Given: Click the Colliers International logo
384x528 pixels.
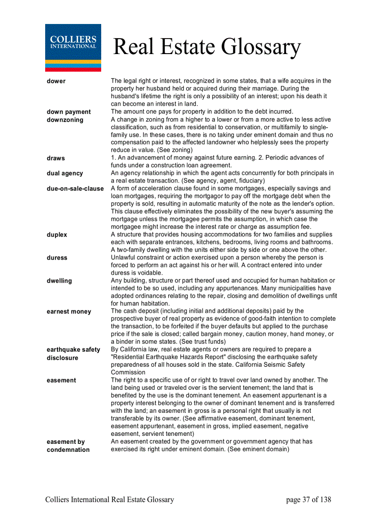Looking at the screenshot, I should [73, 47].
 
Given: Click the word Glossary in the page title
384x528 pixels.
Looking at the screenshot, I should [261, 47].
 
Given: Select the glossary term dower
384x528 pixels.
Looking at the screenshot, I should [56, 81].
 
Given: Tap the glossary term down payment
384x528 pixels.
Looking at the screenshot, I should [69, 112].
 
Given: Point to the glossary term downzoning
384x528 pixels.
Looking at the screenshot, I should [65, 119].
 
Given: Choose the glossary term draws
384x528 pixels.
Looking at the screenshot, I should [56, 158].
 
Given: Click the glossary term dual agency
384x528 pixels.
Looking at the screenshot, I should [64, 173].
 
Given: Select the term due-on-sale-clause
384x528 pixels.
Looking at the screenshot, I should [75, 189].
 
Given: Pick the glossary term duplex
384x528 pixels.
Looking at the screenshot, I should [57, 235].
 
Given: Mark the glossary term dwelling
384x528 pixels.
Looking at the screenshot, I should [59, 281].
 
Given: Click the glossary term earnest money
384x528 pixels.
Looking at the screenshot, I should [69, 311].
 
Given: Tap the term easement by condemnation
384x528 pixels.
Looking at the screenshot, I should [68, 446].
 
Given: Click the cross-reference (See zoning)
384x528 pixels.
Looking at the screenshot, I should [175, 150].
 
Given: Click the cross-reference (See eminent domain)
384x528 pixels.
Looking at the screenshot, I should [258, 449].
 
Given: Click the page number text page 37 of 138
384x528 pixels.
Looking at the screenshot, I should [308, 500].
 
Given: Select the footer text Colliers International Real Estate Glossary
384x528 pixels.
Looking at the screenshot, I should [110, 500].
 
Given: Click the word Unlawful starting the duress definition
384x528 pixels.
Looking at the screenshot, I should [124, 258].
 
